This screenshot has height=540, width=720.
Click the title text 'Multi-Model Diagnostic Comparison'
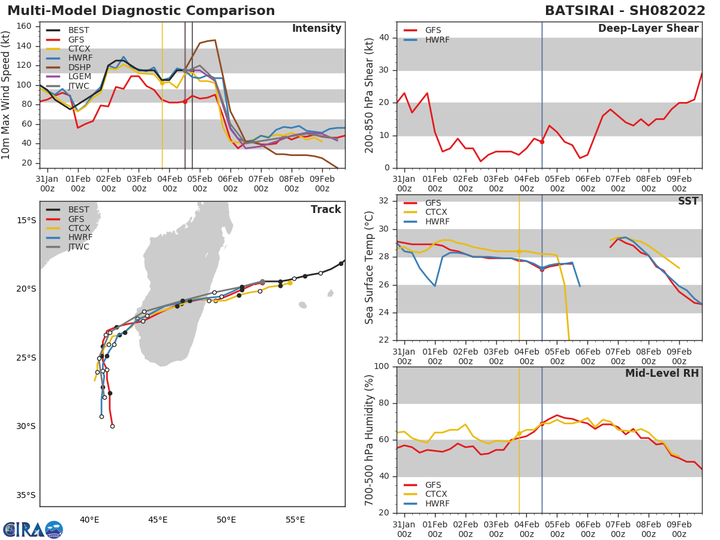point(141,11)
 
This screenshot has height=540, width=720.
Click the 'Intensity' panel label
point(316,29)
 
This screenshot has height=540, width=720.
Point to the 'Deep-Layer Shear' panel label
point(648,29)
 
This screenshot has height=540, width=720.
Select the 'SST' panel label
point(688,202)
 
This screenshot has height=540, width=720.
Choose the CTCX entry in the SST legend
point(436,212)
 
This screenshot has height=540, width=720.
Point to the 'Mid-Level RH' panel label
point(662,374)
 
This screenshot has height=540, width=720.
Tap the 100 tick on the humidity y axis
point(382,367)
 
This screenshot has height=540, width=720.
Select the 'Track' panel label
point(325,210)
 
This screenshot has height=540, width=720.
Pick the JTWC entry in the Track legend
point(79,247)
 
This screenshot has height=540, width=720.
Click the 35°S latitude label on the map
point(26,496)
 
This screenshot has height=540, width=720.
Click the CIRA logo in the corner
point(33,529)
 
